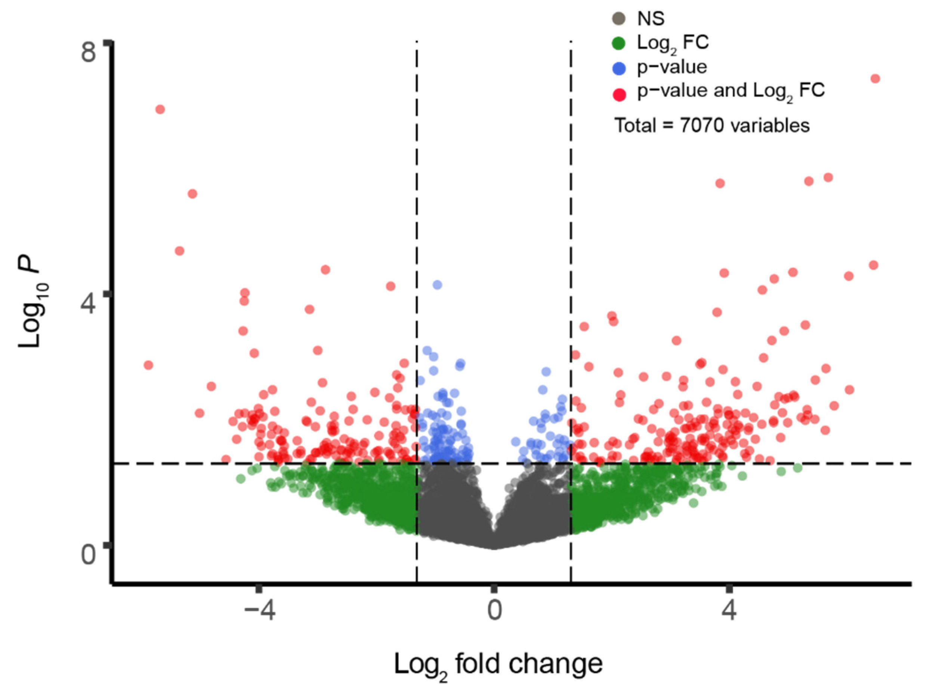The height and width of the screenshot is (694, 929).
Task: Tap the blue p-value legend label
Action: pyautogui.click(x=672, y=67)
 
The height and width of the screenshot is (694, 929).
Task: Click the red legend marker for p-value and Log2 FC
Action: pyautogui.click(x=619, y=95)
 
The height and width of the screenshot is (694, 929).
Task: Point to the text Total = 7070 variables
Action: pyautogui.click(x=712, y=126)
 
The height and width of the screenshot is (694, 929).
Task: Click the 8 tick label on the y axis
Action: pyautogui.click(x=89, y=53)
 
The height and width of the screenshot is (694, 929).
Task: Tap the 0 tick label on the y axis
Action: pyautogui.click(x=89, y=555)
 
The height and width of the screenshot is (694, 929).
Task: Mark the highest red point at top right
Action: pyautogui.click(x=875, y=79)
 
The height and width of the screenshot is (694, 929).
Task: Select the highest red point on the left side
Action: pyautogui.click(x=160, y=109)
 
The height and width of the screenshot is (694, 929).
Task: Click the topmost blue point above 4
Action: pyautogui.click(x=437, y=285)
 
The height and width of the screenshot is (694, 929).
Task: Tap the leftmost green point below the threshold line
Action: pyautogui.click(x=240, y=478)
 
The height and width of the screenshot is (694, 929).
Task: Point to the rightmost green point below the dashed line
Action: pyautogui.click(x=798, y=468)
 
